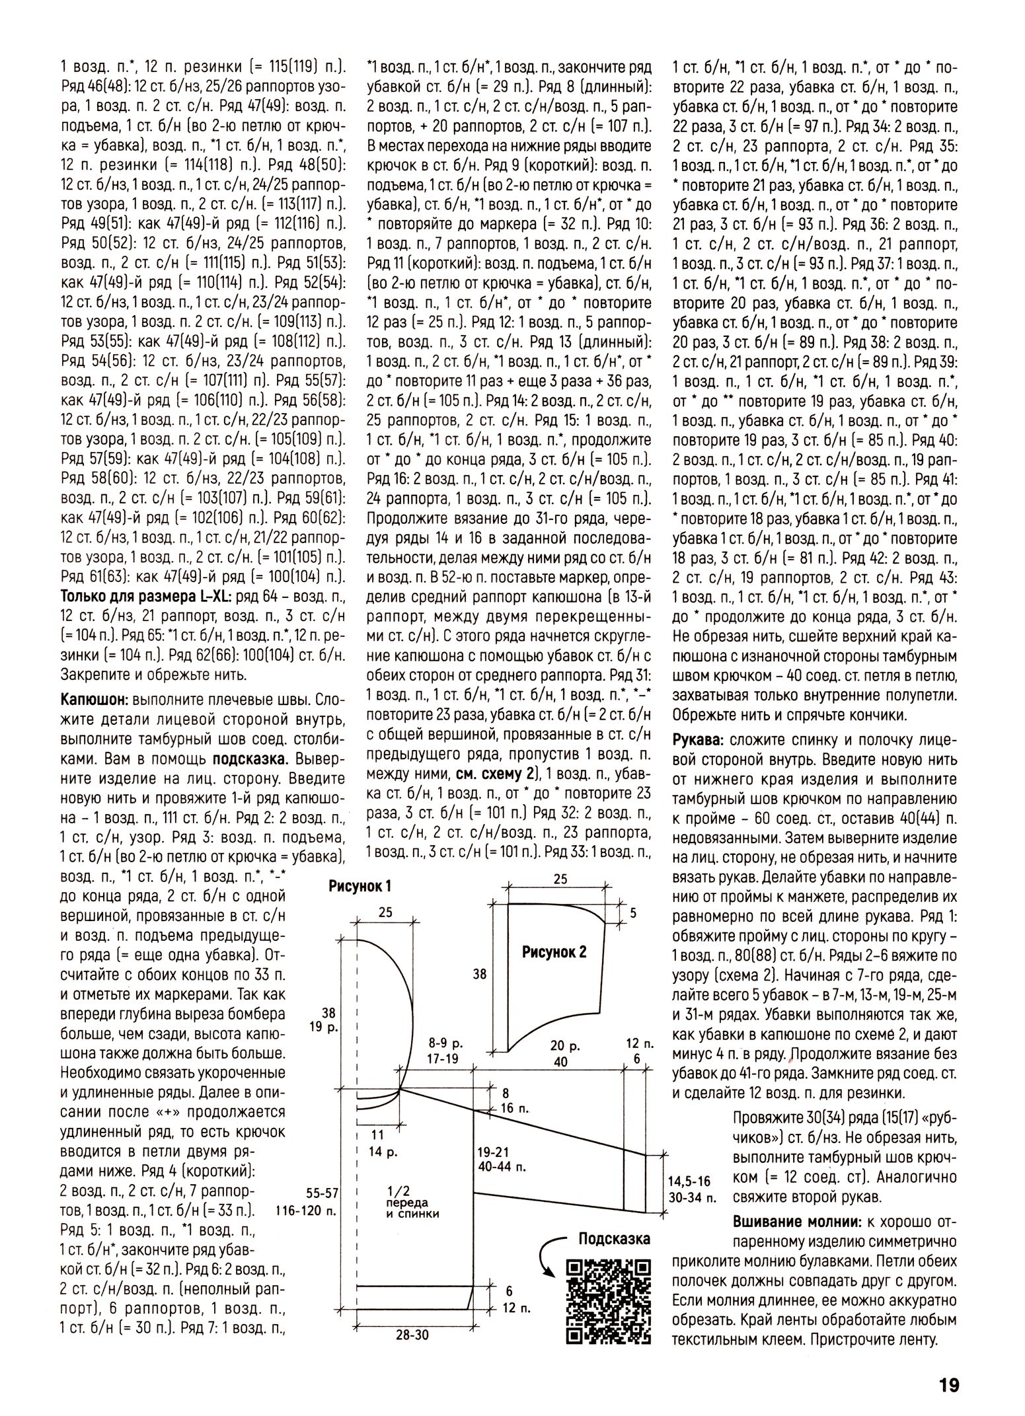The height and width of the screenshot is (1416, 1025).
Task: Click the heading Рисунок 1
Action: pyautogui.click(x=360, y=886)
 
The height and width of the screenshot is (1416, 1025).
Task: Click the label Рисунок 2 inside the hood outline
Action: pyautogui.click(x=554, y=952)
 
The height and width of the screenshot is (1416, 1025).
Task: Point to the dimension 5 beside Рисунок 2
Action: pyautogui.click(x=632, y=913)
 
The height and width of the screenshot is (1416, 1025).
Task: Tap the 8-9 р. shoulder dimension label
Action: pyautogui.click(x=445, y=1044)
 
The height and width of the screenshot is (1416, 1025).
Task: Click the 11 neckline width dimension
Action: pyautogui.click(x=377, y=1135)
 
